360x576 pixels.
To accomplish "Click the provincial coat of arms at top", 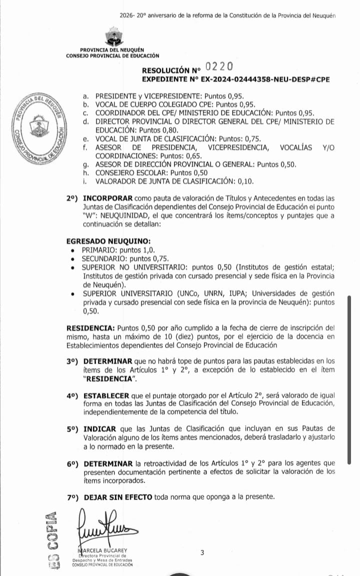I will click(111, 37).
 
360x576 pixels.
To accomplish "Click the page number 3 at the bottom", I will click(202, 552).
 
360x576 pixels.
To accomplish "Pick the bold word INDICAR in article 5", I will click(100, 428).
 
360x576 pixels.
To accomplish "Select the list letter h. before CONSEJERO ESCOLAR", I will click(86, 172).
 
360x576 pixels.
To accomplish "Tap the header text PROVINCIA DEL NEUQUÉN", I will click(111, 50).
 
